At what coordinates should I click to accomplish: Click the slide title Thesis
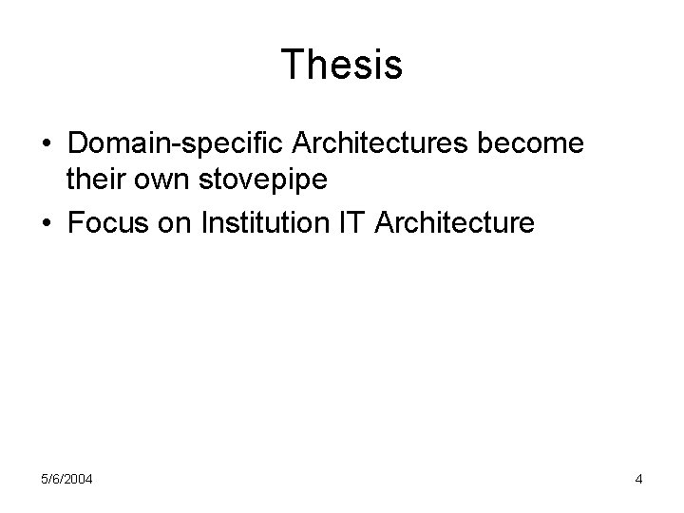[x=342, y=66]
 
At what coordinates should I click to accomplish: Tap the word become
[x=546, y=145]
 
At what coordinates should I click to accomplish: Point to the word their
[x=93, y=178]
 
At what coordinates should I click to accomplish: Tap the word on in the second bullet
[x=172, y=223]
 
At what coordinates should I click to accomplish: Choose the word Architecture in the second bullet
[x=456, y=223]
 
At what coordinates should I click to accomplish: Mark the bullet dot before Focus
[x=47, y=225]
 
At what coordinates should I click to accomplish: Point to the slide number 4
[x=638, y=480]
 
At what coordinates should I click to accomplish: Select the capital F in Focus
[x=75, y=223]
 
